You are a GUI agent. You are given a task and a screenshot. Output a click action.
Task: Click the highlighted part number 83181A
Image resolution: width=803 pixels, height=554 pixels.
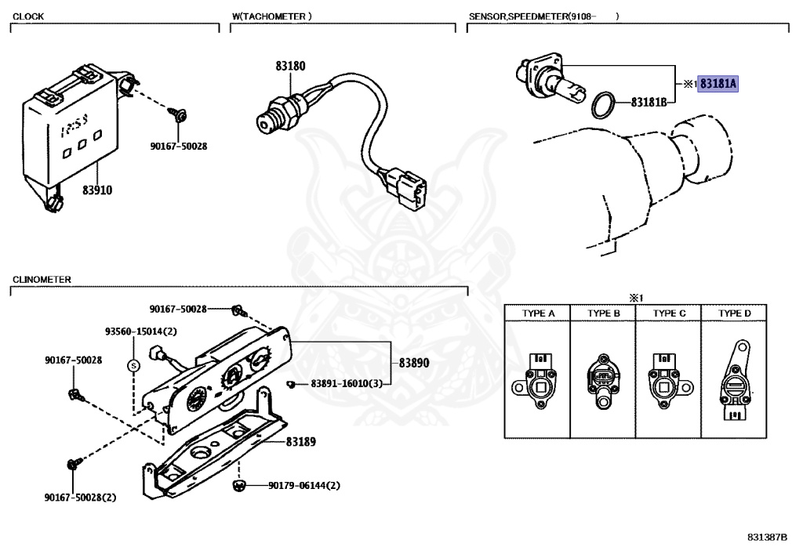[x=720, y=82]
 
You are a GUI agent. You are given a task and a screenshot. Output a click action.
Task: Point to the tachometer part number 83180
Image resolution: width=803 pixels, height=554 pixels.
[x=289, y=67]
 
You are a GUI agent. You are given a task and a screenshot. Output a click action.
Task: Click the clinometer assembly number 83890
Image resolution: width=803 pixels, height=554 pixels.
[x=414, y=363]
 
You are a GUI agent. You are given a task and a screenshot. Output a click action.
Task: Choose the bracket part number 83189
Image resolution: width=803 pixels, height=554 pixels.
[x=300, y=442]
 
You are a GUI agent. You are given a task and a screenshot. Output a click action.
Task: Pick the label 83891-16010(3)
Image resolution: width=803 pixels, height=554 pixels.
[x=346, y=384]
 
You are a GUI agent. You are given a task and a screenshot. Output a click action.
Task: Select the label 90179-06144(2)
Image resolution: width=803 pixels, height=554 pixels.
[x=304, y=486]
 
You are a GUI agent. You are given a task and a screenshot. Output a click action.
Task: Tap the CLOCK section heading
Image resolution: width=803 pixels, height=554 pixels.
[x=29, y=16]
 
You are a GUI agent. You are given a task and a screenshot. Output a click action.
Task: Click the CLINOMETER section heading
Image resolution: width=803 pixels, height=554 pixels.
[x=42, y=280]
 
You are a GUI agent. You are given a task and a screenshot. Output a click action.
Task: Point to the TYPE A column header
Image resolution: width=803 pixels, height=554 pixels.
[x=539, y=313]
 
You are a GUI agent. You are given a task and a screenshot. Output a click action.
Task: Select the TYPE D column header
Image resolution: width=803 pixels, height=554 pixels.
[x=735, y=313]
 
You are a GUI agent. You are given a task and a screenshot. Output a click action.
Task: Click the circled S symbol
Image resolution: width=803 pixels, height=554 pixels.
[x=133, y=365]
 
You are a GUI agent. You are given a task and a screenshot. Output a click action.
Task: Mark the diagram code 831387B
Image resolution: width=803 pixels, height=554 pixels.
[x=768, y=538]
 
